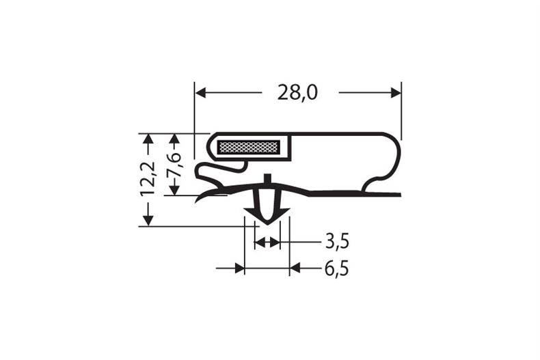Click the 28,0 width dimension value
(297, 92)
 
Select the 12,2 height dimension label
(147, 180)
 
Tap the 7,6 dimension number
(174, 165)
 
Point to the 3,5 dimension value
(337, 242)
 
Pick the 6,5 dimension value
(336, 268)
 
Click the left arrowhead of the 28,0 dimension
(200, 92)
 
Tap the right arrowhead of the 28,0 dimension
(396, 92)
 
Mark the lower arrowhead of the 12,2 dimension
(147, 220)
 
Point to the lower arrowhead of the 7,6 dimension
(174, 190)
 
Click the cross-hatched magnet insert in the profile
(248, 147)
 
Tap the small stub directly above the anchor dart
(267, 180)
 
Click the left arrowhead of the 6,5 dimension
(239, 268)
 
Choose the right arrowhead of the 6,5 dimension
(295, 268)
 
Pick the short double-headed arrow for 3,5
(267, 242)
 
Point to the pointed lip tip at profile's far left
(198, 201)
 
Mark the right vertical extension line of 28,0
(401, 109)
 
